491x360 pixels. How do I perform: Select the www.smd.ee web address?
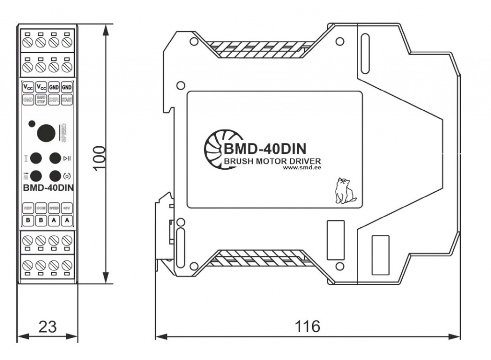(302, 168)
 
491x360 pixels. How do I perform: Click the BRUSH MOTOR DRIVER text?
(272, 161)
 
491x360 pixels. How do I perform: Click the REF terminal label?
(28, 209)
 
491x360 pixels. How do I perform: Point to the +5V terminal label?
(67, 209)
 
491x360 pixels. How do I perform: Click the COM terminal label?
(41, 209)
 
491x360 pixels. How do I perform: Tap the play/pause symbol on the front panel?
(68, 158)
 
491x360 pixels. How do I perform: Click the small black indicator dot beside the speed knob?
(32, 124)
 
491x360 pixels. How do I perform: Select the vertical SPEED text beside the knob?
(62, 133)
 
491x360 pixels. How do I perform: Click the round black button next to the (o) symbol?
(55, 175)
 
